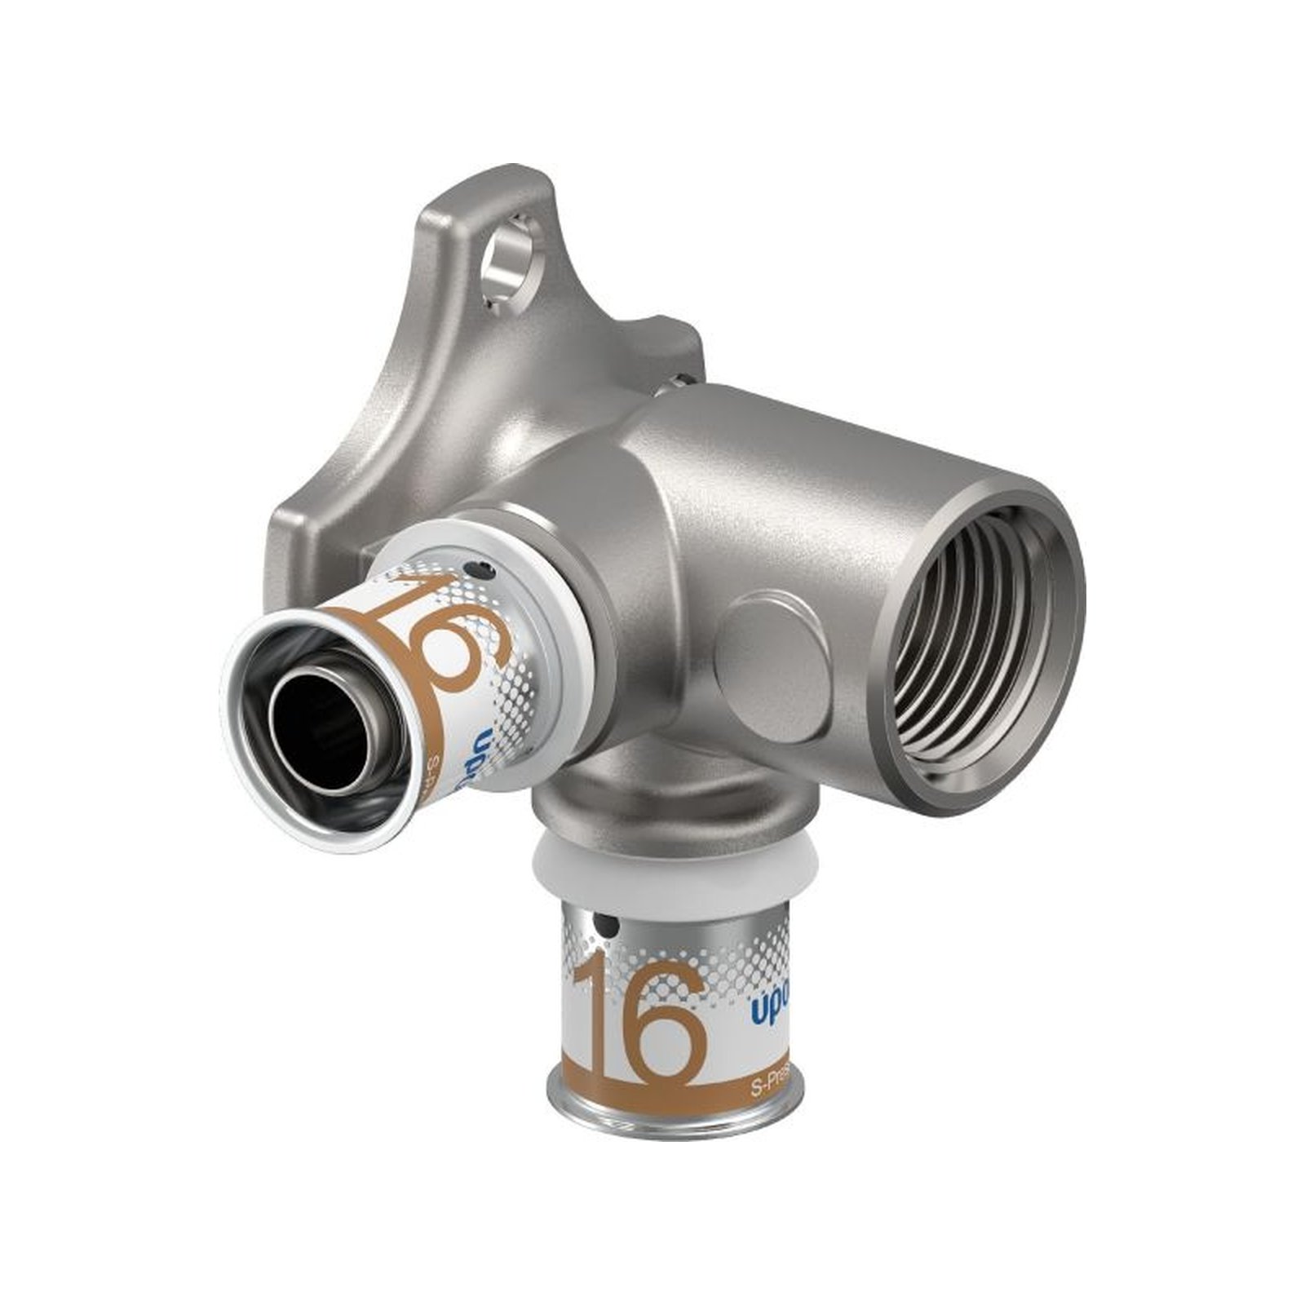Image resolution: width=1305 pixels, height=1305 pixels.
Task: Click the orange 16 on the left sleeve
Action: pos(457,644)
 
